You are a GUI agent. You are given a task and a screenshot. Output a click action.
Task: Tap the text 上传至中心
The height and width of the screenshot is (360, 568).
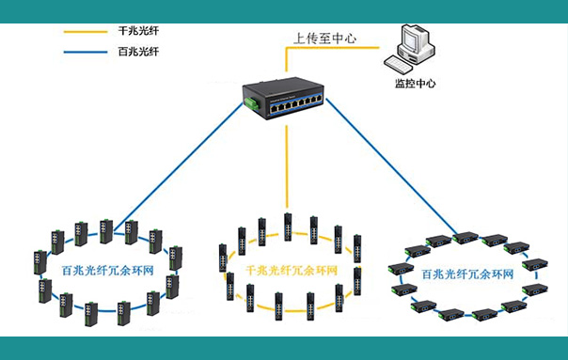pos(324,39)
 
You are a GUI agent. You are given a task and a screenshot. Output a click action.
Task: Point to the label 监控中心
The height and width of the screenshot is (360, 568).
pos(415,83)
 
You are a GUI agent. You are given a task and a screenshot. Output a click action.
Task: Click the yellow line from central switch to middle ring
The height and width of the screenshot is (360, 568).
pos(287,169)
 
